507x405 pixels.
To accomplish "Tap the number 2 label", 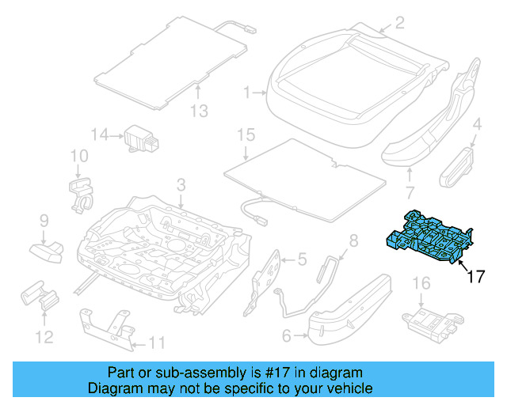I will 399,22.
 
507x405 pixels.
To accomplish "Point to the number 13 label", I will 200,112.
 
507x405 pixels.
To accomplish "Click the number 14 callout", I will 99,135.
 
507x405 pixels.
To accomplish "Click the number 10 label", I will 78,156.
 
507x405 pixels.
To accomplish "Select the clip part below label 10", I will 80,195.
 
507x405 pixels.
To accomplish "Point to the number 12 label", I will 44,338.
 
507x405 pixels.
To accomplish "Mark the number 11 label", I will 158,343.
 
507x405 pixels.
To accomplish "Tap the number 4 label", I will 477,123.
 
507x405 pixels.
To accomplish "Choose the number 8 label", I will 353,240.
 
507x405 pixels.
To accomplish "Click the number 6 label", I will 287,335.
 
